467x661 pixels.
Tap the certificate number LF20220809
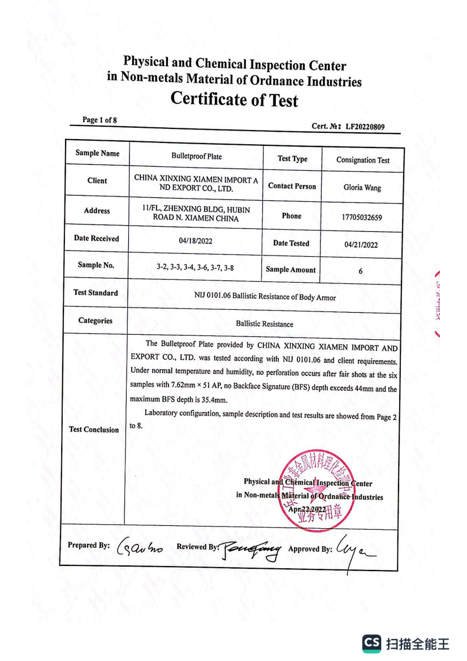point(365,127)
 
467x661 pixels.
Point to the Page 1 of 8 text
point(100,120)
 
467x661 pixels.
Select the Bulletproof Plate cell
point(196,156)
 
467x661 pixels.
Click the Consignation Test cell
point(362,160)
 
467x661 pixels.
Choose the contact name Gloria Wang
point(362,188)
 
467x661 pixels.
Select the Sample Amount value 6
point(361,271)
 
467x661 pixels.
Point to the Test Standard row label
point(96,293)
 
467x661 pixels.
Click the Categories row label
point(95,321)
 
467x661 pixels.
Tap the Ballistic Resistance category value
point(265,324)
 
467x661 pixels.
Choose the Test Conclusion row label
point(94,430)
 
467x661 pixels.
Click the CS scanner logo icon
point(371,643)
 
